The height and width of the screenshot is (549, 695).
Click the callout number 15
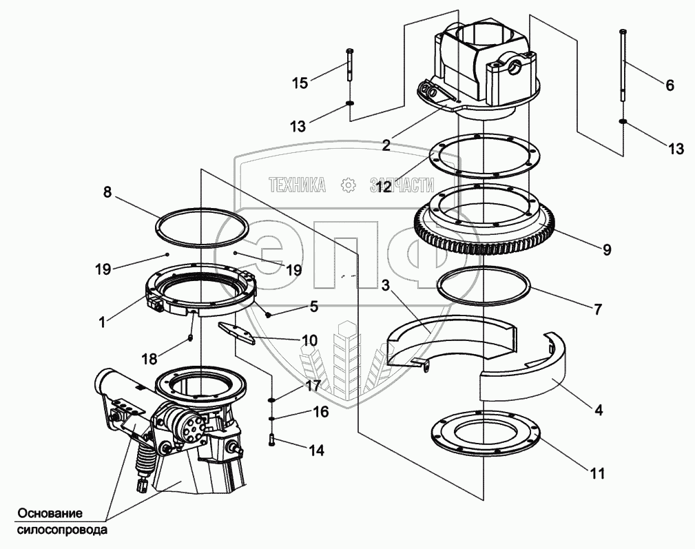[x=300, y=83]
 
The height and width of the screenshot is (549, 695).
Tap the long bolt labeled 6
[x=623, y=65]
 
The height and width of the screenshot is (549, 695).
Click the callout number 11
[x=597, y=474]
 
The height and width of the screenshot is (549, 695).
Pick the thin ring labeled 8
[x=202, y=226]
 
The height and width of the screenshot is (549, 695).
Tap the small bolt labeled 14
[x=271, y=440]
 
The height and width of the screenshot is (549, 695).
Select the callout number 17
[x=313, y=385]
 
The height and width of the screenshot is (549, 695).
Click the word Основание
[x=50, y=514]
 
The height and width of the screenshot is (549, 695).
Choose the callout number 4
[x=599, y=411]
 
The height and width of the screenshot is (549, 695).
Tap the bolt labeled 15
[x=349, y=64]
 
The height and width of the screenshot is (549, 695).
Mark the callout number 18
[x=150, y=358]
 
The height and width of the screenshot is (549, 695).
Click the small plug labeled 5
[x=269, y=314]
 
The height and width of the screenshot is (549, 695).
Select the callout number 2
[x=386, y=145]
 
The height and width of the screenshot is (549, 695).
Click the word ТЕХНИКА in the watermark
[x=298, y=185]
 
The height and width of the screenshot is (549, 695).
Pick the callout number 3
[x=385, y=286]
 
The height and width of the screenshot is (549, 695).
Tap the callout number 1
[x=103, y=322]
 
